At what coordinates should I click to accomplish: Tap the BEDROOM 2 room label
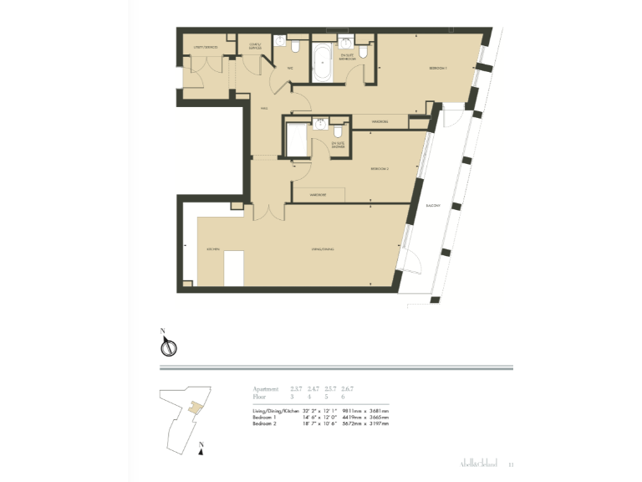(x=380, y=169)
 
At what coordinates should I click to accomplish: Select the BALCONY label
(x=432, y=203)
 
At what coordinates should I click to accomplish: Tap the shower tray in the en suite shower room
(x=296, y=139)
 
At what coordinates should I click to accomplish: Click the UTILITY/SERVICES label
(x=206, y=48)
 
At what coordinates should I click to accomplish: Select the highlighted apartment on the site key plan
(x=196, y=408)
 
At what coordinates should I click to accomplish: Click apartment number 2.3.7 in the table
(x=297, y=389)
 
